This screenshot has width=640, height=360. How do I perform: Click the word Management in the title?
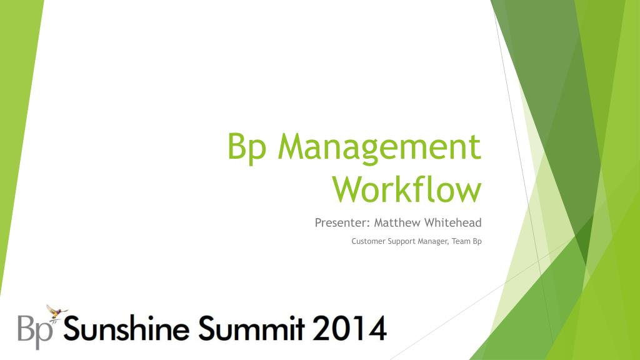coord(380,148)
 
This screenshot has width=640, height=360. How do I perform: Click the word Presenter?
coord(342,222)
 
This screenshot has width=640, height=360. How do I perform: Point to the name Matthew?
coord(397,222)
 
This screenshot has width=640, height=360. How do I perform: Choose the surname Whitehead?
coord(453,222)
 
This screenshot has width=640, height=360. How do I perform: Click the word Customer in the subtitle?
coord(366,241)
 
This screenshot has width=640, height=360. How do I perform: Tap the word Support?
coord(399,241)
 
